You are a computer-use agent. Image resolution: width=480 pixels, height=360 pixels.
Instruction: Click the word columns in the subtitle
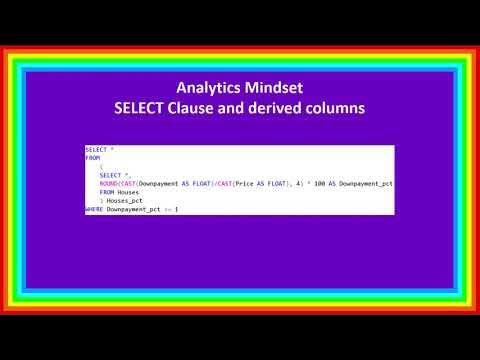click(x=338, y=107)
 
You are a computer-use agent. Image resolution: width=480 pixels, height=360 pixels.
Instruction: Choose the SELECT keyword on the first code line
click(x=95, y=149)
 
